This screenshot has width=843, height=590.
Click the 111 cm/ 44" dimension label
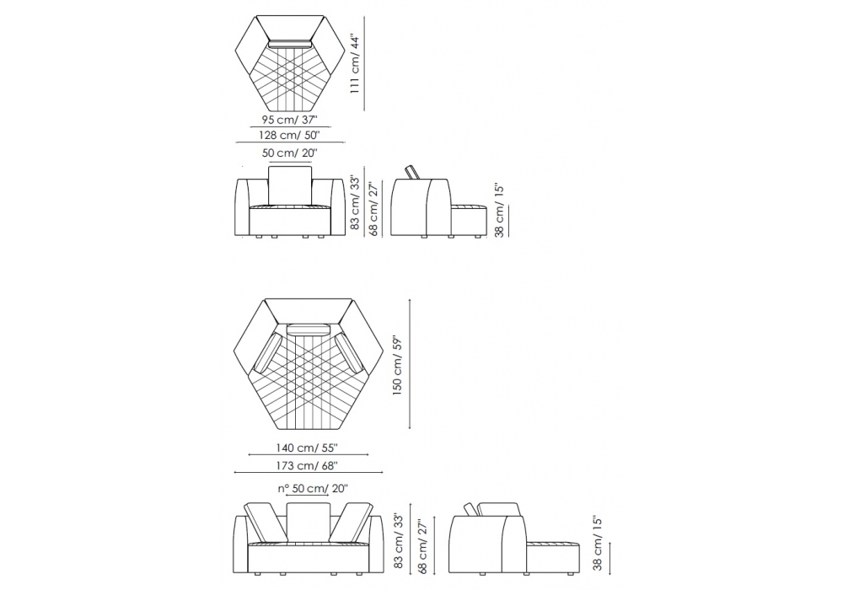point(355,64)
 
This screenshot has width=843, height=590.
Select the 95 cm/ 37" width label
point(290,120)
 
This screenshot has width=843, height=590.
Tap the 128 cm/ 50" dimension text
point(289,135)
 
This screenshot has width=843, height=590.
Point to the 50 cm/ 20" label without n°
point(290,153)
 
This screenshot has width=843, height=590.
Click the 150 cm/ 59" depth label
point(398,366)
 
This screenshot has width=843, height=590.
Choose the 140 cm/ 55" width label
point(307,447)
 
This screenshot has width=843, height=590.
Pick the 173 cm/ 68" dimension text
point(307,466)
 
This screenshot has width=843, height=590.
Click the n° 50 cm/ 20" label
point(313,489)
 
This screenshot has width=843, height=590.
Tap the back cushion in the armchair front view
point(290,185)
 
